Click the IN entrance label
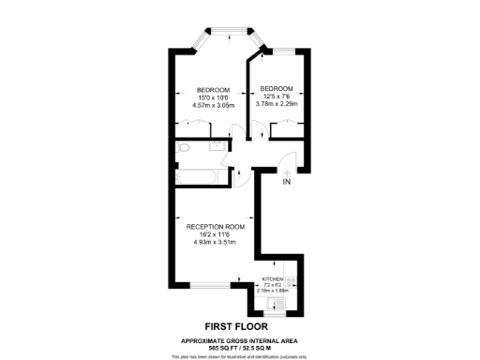point(287,182)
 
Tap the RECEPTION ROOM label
point(216,227)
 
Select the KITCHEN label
point(272,280)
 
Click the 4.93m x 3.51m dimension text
point(216,243)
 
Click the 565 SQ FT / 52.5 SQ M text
point(241,347)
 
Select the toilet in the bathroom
point(182,149)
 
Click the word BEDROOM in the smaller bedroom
point(276,88)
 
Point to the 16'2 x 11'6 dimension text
point(216,235)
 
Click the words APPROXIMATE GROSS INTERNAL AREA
point(241,339)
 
